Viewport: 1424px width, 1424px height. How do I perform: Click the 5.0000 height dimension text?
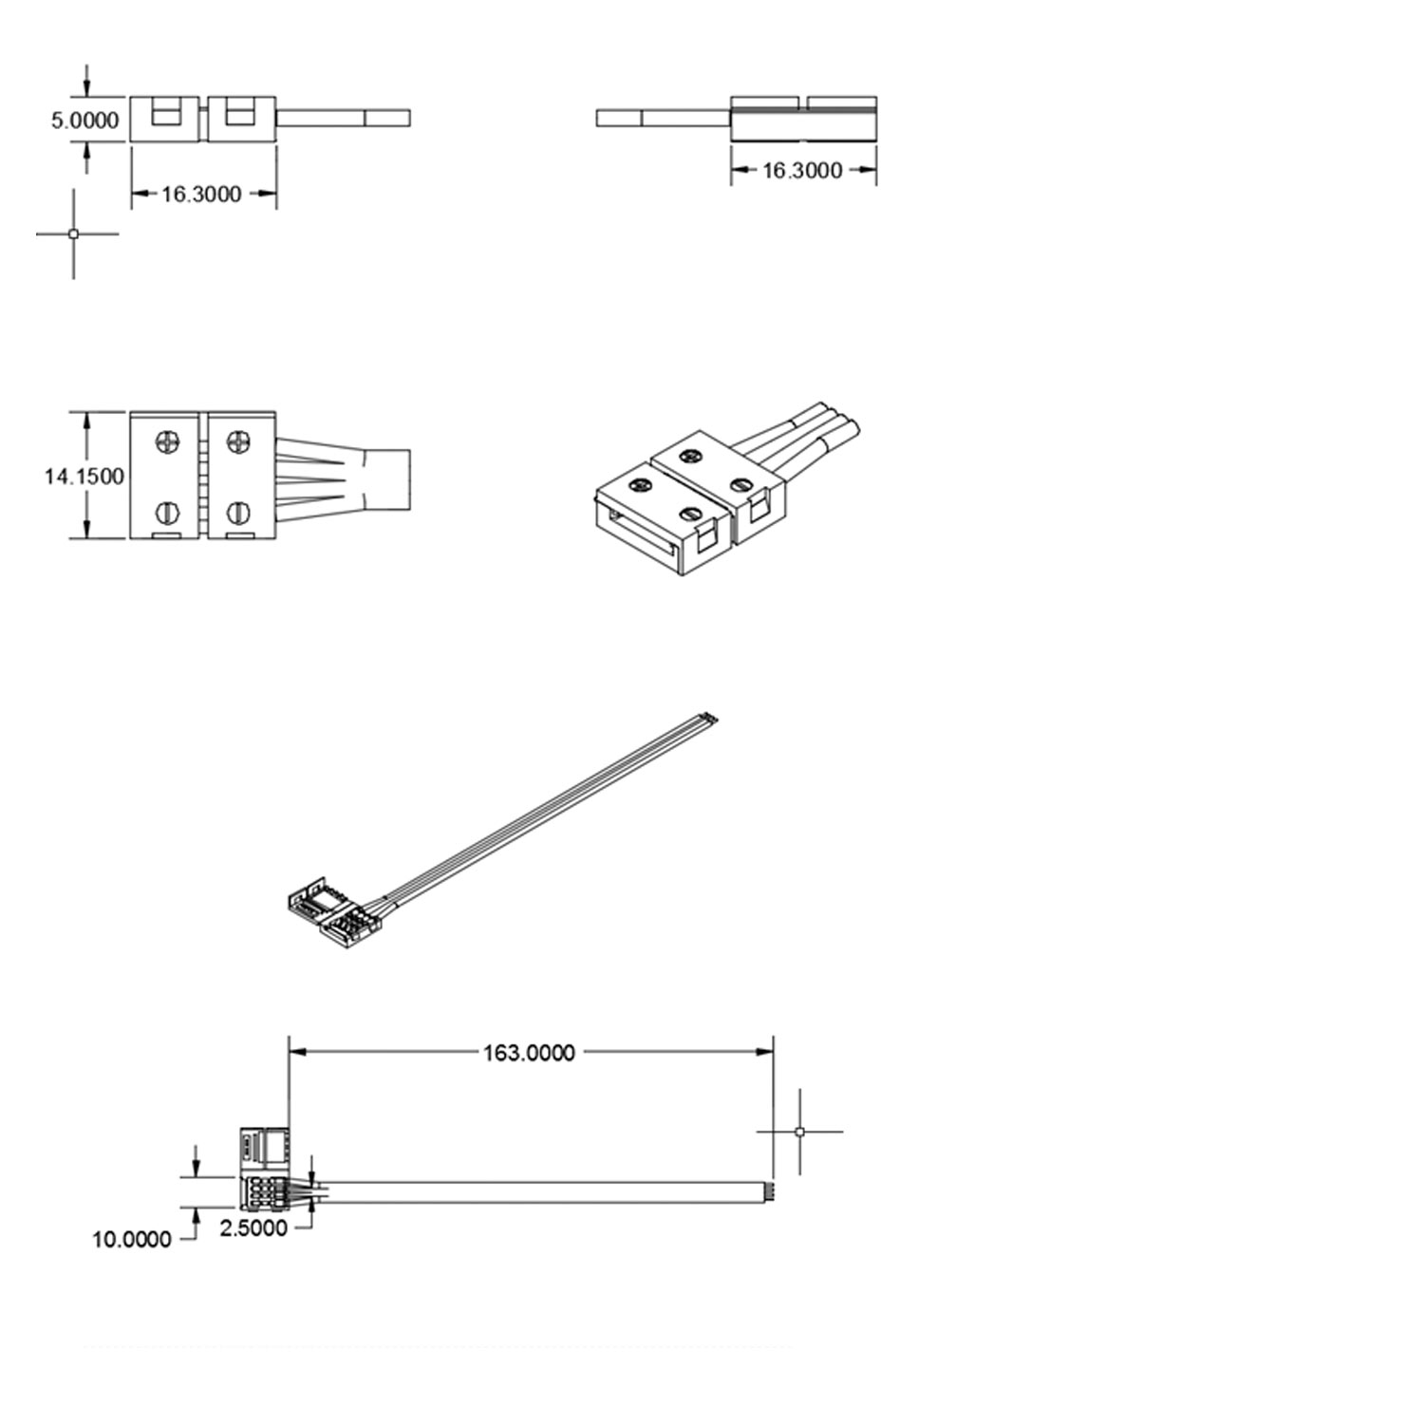[84, 121]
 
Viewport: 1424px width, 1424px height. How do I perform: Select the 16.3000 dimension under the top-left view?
[200, 195]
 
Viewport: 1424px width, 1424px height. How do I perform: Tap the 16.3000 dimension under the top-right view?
[802, 171]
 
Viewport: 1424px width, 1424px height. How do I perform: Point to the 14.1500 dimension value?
[84, 477]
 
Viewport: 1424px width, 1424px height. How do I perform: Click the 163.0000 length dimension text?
[529, 1053]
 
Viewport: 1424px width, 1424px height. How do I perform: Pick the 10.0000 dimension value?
[132, 1240]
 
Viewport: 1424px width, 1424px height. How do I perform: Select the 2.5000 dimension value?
[253, 1228]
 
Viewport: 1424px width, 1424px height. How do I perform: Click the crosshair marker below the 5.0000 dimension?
[74, 234]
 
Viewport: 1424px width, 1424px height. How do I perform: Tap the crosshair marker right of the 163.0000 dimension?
[799, 1132]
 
